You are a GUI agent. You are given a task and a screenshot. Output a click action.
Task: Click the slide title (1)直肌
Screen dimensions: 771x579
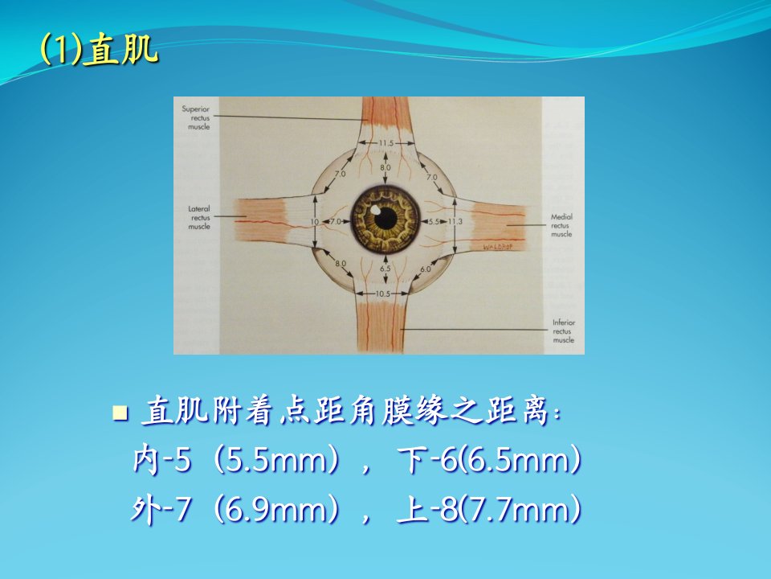[100, 50]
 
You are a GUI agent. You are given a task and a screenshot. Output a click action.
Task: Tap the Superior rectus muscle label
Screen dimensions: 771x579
[196, 117]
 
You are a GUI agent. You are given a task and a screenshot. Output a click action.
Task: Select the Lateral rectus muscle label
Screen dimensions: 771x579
[200, 218]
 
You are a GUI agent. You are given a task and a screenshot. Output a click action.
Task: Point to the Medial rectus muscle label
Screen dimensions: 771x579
[561, 225]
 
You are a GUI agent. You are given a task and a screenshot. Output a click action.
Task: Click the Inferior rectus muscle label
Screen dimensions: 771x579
[564, 331]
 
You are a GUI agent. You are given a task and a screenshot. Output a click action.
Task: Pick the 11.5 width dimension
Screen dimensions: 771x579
[386, 143]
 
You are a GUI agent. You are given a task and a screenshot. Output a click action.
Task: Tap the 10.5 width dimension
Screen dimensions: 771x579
[382, 294]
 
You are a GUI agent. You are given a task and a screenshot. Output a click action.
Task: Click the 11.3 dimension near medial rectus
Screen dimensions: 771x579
[455, 222]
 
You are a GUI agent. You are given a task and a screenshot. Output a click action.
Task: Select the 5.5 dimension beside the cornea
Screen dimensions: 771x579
[434, 222]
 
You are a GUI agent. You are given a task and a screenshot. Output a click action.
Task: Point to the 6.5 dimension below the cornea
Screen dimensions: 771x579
[385, 269]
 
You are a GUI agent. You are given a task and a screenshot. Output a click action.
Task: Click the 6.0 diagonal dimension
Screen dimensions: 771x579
[426, 269]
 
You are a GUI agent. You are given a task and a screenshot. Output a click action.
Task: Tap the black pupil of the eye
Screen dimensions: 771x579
[385, 218]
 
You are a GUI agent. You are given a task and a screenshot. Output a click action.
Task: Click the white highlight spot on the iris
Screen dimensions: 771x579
[375, 209]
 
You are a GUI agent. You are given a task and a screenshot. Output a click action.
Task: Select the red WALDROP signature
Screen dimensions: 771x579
[498, 246]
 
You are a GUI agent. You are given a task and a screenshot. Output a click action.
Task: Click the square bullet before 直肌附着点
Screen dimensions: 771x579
[120, 413]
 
